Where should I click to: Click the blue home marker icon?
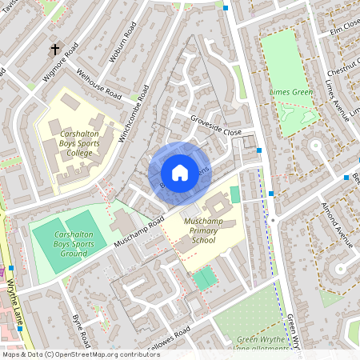179,172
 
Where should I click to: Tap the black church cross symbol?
56,50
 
